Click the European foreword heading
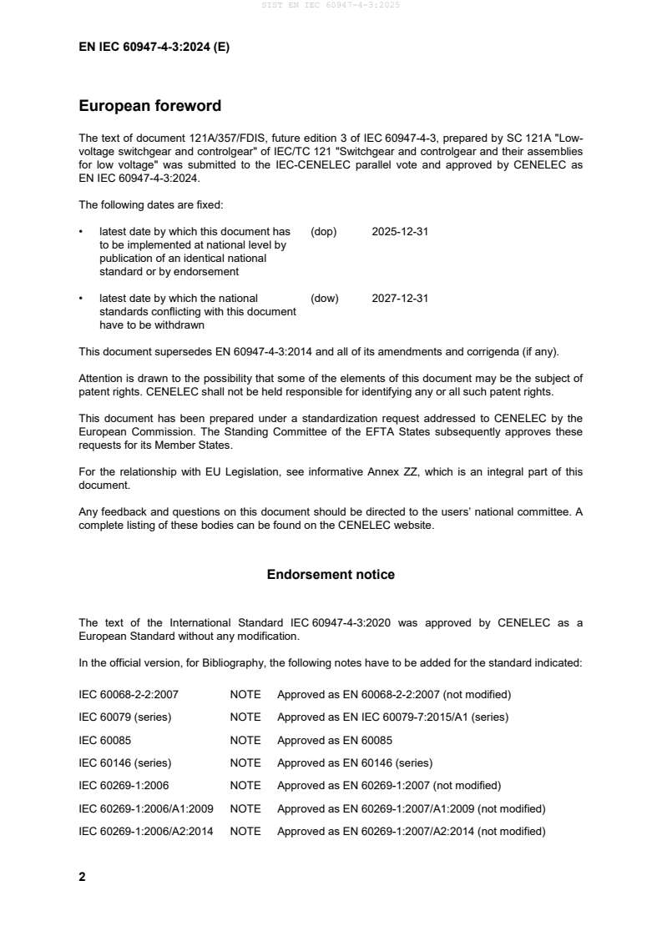click(149, 106)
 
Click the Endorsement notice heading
click(331, 575)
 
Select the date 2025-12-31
click(400, 231)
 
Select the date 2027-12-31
click(400, 298)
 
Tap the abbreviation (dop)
click(324, 231)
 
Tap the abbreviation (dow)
click(325, 298)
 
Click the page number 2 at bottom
click(82, 877)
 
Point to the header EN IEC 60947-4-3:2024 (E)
click(154, 48)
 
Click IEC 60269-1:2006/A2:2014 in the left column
click(146, 832)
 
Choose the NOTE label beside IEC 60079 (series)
click(245, 717)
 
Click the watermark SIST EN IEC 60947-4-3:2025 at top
click(331, 5)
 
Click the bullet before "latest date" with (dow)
click(81, 298)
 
